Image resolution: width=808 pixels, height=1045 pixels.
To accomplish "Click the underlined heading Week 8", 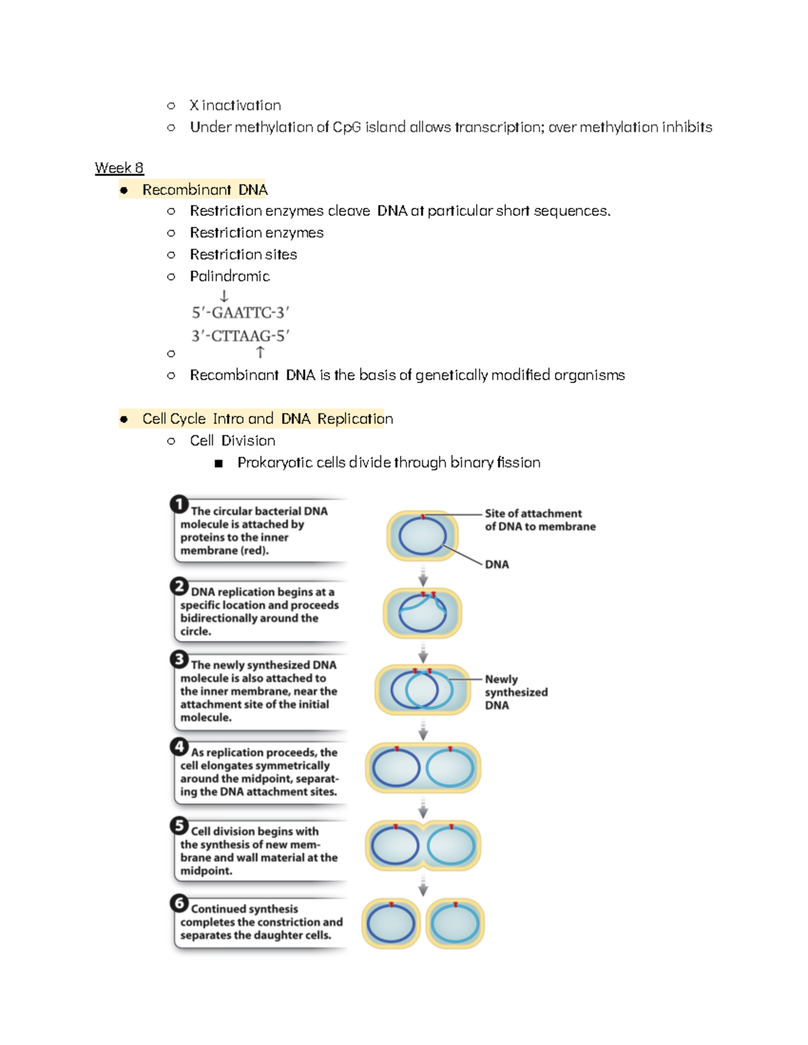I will (x=119, y=168).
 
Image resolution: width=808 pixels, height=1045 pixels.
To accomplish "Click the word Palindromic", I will (x=230, y=276).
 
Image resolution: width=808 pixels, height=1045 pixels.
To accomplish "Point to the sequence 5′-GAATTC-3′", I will (x=240, y=313).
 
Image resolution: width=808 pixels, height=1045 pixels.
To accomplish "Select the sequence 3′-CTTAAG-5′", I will (x=240, y=336).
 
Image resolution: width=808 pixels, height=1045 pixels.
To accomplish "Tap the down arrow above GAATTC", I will (x=224, y=296).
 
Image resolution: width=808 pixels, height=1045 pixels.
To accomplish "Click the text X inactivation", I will (x=235, y=105).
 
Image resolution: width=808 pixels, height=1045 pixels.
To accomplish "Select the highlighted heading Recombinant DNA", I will (x=205, y=190).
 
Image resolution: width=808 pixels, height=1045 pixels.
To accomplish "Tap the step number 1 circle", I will (x=178, y=504).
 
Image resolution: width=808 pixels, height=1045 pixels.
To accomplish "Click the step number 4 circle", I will (x=178, y=746).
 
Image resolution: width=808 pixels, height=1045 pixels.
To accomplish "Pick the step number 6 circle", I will (x=178, y=902).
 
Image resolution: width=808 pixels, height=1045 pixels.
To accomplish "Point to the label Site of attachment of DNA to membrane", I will (x=539, y=519).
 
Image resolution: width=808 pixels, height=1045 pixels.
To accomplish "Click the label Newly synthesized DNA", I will (x=516, y=692).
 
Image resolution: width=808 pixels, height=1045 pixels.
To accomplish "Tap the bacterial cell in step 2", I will (x=422, y=613).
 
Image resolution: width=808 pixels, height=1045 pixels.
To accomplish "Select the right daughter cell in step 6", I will (x=455, y=924).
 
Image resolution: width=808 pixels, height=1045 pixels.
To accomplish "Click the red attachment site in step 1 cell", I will (x=423, y=517).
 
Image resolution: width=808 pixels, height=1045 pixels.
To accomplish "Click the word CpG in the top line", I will (x=347, y=127).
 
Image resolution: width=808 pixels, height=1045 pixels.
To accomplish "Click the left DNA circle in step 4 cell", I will (x=396, y=768).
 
